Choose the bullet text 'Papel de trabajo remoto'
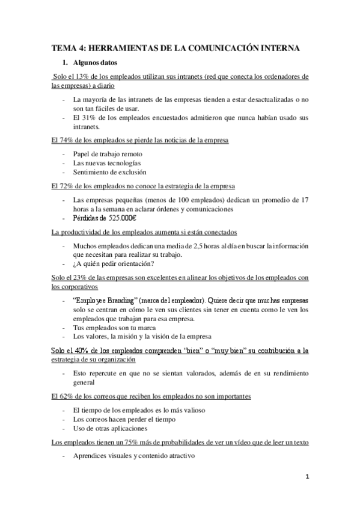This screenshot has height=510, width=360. [x=108, y=154]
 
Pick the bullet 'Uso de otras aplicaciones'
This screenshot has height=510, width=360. [x=109, y=428]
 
